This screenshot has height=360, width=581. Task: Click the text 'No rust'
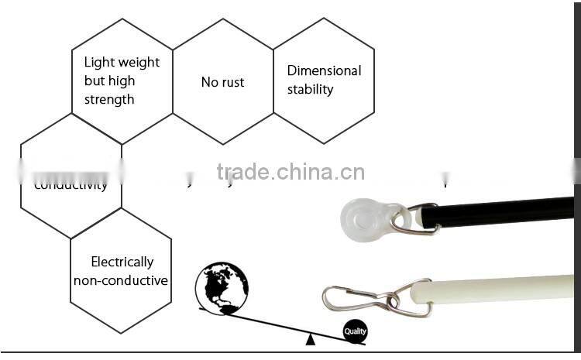(x=222, y=82)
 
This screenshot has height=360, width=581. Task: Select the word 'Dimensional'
(x=324, y=70)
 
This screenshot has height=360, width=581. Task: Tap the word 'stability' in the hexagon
(x=310, y=89)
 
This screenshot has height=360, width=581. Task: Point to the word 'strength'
(x=109, y=99)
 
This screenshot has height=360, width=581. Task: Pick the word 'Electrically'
(x=122, y=262)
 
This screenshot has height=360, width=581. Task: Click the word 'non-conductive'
(x=121, y=280)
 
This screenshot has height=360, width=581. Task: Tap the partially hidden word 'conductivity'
(x=70, y=185)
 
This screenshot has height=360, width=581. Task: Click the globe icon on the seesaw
(x=222, y=288)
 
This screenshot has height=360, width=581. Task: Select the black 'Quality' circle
(x=355, y=331)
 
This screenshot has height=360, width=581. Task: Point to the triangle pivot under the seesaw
(x=310, y=338)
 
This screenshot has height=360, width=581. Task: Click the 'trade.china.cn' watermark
(x=290, y=171)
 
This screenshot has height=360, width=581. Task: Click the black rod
(x=504, y=211)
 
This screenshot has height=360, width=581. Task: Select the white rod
(x=496, y=288)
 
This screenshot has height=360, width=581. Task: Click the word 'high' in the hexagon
(x=121, y=81)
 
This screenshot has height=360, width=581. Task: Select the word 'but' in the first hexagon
(x=94, y=81)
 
